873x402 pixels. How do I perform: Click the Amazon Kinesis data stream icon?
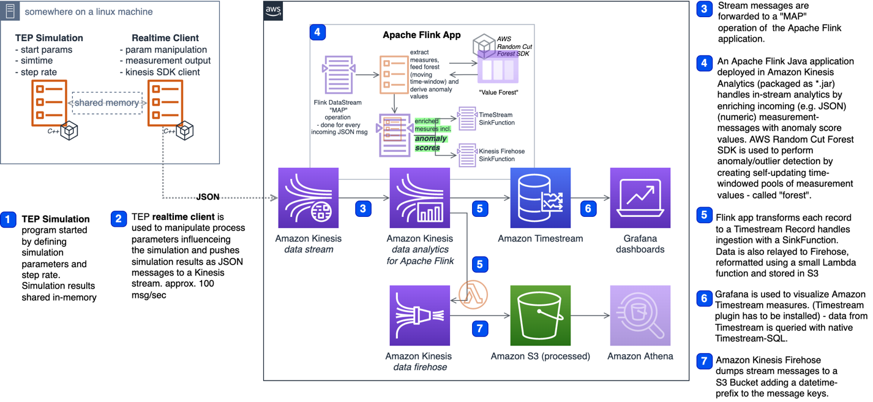308,198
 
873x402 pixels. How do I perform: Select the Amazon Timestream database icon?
541,198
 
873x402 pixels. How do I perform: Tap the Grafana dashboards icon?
640,198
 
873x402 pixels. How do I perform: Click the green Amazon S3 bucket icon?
541,315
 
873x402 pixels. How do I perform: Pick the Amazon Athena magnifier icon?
640,315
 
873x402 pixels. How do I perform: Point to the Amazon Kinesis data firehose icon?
419,315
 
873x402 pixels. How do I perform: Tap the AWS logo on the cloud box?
273,12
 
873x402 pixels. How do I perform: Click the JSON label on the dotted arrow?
208,197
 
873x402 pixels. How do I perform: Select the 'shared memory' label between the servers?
107,103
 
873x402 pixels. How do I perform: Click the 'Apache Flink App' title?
421,35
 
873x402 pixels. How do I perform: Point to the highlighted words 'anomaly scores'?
432,143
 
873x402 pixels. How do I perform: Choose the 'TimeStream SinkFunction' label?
496,119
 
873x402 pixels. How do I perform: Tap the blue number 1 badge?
9,219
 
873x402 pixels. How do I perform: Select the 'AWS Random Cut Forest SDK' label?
512,45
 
